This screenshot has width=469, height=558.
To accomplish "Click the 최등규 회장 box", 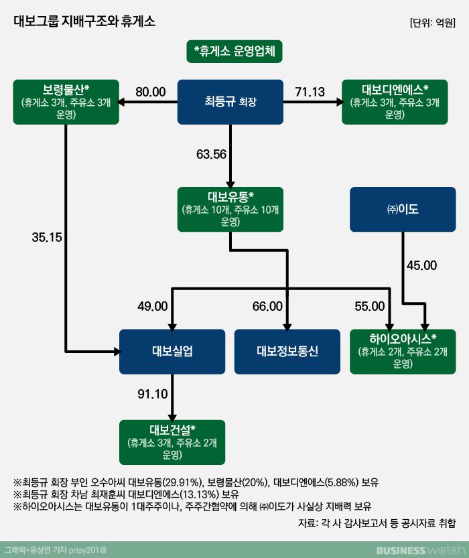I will (x=230, y=102).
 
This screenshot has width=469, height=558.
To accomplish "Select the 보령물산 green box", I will (x=66, y=102).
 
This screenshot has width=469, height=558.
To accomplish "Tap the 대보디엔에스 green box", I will (x=395, y=102).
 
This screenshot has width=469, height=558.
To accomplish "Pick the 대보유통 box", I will (x=230, y=210).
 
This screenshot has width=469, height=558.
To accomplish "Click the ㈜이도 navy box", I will (x=403, y=210).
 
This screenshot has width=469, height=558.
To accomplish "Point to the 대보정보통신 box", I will (x=287, y=352).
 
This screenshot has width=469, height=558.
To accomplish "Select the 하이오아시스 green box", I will (x=403, y=352).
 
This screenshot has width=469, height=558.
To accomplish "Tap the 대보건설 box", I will (x=173, y=442).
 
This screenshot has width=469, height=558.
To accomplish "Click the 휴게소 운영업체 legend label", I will (x=234, y=51).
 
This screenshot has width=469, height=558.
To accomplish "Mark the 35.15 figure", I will (x=46, y=236).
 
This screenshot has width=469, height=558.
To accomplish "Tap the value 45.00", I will (x=421, y=265).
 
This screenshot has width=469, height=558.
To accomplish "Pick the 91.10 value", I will (x=152, y=395).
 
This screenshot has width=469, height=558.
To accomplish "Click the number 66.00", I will (x=267, y=306).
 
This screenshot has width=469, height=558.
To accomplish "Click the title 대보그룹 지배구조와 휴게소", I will (x=84, y=21).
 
